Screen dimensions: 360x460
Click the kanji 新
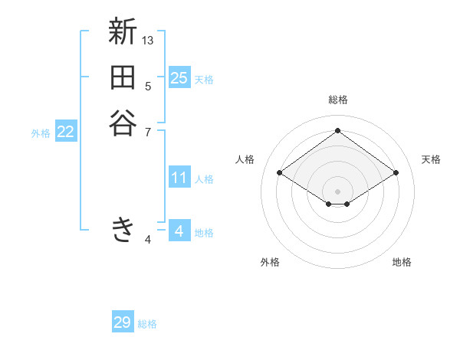123,33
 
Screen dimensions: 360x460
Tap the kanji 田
123,78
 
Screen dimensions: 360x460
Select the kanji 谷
123,123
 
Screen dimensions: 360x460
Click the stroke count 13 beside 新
148,40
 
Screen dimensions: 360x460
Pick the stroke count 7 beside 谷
148,132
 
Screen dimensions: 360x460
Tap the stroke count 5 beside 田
148,86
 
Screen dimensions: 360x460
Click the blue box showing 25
179,78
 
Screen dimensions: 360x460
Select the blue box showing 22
66,132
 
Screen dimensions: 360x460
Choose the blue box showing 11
179,178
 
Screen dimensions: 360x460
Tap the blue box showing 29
123,322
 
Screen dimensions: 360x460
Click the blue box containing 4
179,231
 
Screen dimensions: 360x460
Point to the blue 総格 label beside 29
147,324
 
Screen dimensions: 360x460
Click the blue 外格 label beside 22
41,133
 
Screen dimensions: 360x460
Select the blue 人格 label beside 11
204,179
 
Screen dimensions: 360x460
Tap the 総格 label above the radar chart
337,100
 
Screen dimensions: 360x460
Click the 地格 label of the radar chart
402,262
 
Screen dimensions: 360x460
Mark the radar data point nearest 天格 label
396,173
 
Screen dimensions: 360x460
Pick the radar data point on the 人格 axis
280,173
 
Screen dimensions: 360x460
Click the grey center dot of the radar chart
337,191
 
